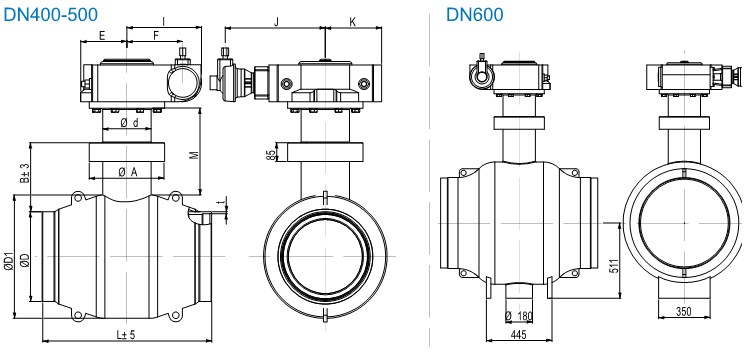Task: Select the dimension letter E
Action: [102, 35]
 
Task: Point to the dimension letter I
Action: [163, 19]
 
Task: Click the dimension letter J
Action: [274, 20]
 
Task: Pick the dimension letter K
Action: [352, 20]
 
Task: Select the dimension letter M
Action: [194, 155]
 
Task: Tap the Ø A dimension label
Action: [127, 172]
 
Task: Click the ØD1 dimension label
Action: [9, 262]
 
